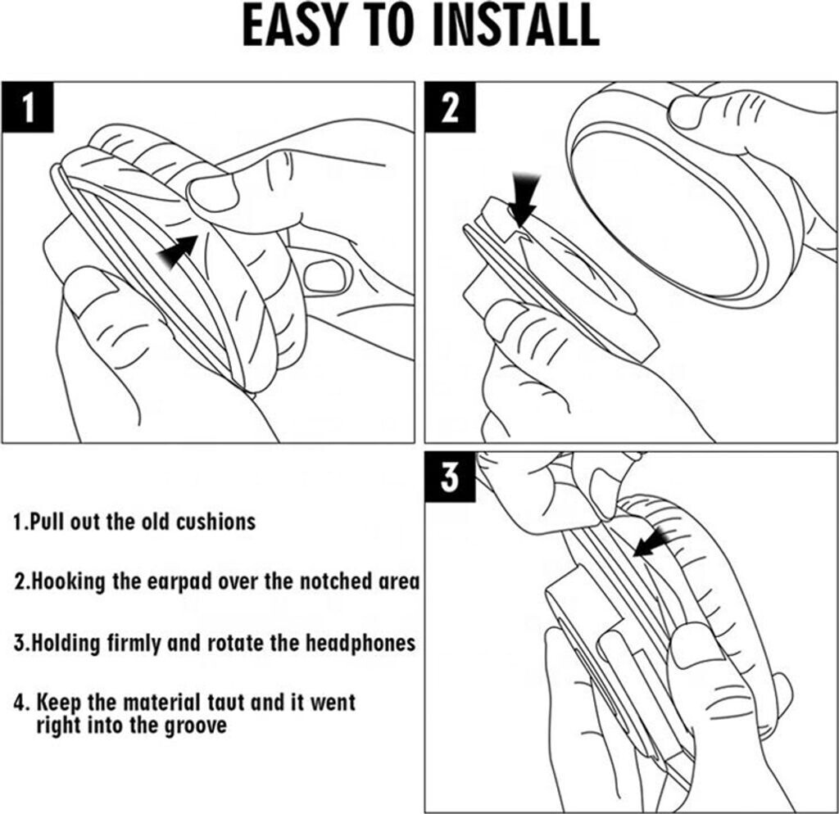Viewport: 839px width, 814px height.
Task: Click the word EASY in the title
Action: [x=293, y=25]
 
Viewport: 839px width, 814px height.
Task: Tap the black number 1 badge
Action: [x=28, y=107]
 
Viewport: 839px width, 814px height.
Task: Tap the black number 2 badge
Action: [x=450, y=107]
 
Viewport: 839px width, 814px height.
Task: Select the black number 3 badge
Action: [x=450, y=477]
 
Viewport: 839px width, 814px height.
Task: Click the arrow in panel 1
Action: [x=178, y=251]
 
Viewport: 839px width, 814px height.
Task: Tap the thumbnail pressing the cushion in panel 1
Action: [x=212, y=193]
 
